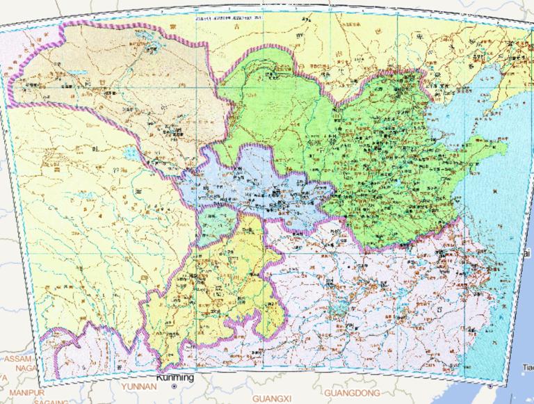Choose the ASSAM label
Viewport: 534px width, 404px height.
click(15, 359)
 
